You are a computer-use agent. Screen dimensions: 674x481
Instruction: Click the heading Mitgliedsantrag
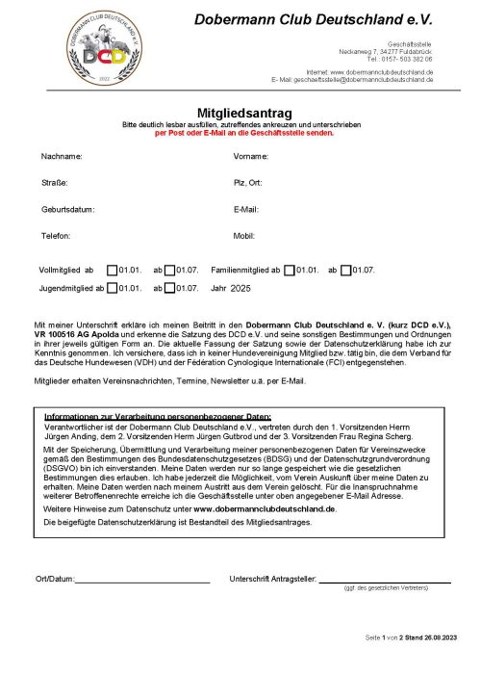[240, 112]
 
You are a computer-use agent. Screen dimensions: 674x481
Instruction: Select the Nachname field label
[62, 155]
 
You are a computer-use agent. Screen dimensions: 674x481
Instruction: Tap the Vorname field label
[251, 155]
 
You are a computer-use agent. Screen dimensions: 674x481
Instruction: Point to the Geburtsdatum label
[67, 208]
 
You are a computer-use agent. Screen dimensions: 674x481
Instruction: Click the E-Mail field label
[247, 208]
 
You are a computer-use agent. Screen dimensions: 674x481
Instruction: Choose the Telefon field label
[56, 235]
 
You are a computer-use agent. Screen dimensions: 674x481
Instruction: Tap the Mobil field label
[243, 235]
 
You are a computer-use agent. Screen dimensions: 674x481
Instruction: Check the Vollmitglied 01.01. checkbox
[112, 271]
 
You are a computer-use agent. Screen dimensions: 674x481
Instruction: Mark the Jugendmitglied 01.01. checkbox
[112, 287]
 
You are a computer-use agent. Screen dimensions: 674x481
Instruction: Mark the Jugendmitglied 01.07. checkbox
[169, 287]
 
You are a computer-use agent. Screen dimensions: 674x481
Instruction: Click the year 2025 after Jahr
[240, 288]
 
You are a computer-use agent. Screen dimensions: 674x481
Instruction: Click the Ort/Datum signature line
[141, 582]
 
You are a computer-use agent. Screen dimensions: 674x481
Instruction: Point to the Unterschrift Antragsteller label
[272, 579]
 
